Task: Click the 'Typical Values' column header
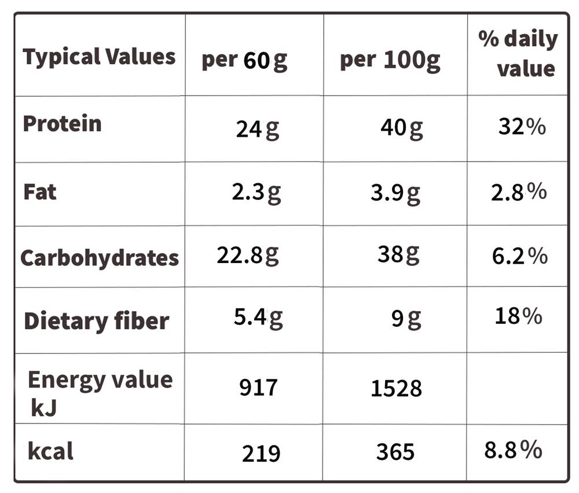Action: click(99, 57)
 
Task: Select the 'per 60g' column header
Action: click(244, 60)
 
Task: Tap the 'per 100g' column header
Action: click(390, 60)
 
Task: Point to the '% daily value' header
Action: click(518, 53)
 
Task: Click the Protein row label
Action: click(62, 123)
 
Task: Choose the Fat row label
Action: click(40, 192)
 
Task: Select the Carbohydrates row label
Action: click(100, 258)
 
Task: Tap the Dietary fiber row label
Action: click(96, 321)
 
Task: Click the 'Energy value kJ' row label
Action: click(100, 393)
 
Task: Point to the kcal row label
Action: click(50, 451)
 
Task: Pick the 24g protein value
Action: click(258, 129)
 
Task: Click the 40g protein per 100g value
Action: click(402, 128)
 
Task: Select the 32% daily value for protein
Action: click(522, 126)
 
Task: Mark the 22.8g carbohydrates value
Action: click(248, 255)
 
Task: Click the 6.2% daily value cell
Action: click(520, 256)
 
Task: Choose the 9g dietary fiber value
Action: click(406, 319)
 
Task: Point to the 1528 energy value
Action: click(396, 388)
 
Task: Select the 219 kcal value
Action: click(261, 454)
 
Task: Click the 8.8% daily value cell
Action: click(513, 450)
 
